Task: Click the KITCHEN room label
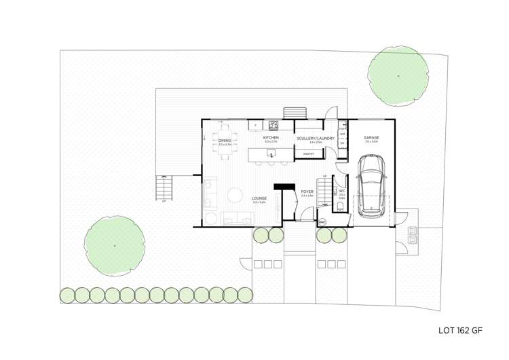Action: pos(271,138)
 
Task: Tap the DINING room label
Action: pos(225,141)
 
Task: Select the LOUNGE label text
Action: pos(259,199)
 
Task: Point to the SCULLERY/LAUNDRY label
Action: pos(316,139)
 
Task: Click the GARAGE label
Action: pos(371,138)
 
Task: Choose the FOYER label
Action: pos(307,192)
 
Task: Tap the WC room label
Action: pos(343,192)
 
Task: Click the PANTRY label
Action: pos(308,154)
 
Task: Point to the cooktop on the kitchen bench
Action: pos(274,125)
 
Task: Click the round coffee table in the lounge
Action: pos(234,196)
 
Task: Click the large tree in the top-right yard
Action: pos(398,75)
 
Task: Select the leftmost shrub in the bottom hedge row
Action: pos(67,295)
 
